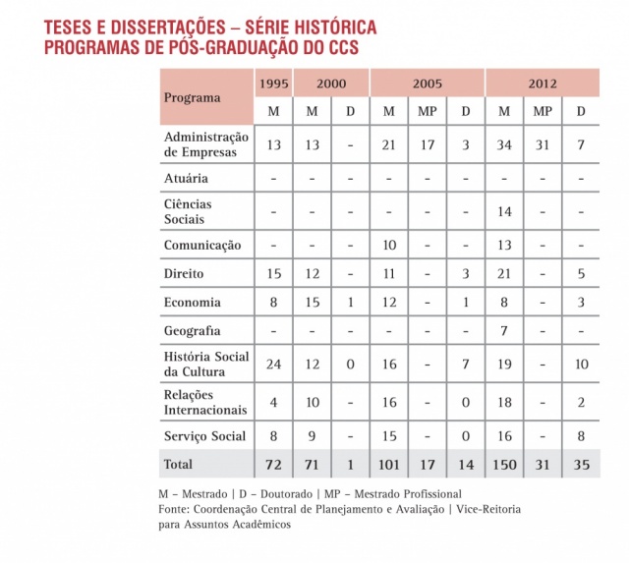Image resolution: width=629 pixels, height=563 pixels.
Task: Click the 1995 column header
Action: [x=273, y=84]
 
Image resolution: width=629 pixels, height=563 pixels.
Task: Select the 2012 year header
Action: [x=542, y=84]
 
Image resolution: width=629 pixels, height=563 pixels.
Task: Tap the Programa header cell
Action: [x=193, y=97]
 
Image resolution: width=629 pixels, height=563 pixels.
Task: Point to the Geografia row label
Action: [x=193, y=331]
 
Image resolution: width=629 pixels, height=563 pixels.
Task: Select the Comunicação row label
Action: [x=202, y=245]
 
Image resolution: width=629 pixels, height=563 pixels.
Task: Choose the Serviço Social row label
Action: [x=205, y=435]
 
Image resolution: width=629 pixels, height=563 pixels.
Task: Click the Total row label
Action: [x=179, y=464]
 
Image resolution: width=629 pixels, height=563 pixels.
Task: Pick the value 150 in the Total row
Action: [x=503, y=464]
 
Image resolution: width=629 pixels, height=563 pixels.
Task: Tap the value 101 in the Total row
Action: [x=389, y=464]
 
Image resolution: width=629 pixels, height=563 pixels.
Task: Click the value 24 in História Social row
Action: [x=273, y=365]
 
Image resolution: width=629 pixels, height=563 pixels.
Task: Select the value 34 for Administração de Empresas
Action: [x=503, y=145]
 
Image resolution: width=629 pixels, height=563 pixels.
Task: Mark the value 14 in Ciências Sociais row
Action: [x=503, y=212]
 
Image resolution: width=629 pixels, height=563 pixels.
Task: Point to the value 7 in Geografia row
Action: [x=503, y=331]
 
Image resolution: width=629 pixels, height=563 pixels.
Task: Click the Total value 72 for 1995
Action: [x=273, y=464]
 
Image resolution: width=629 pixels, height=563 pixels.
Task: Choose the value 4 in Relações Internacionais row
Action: [x=273, y=402]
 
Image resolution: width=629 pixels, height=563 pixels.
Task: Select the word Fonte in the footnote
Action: [x=174, y=509]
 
